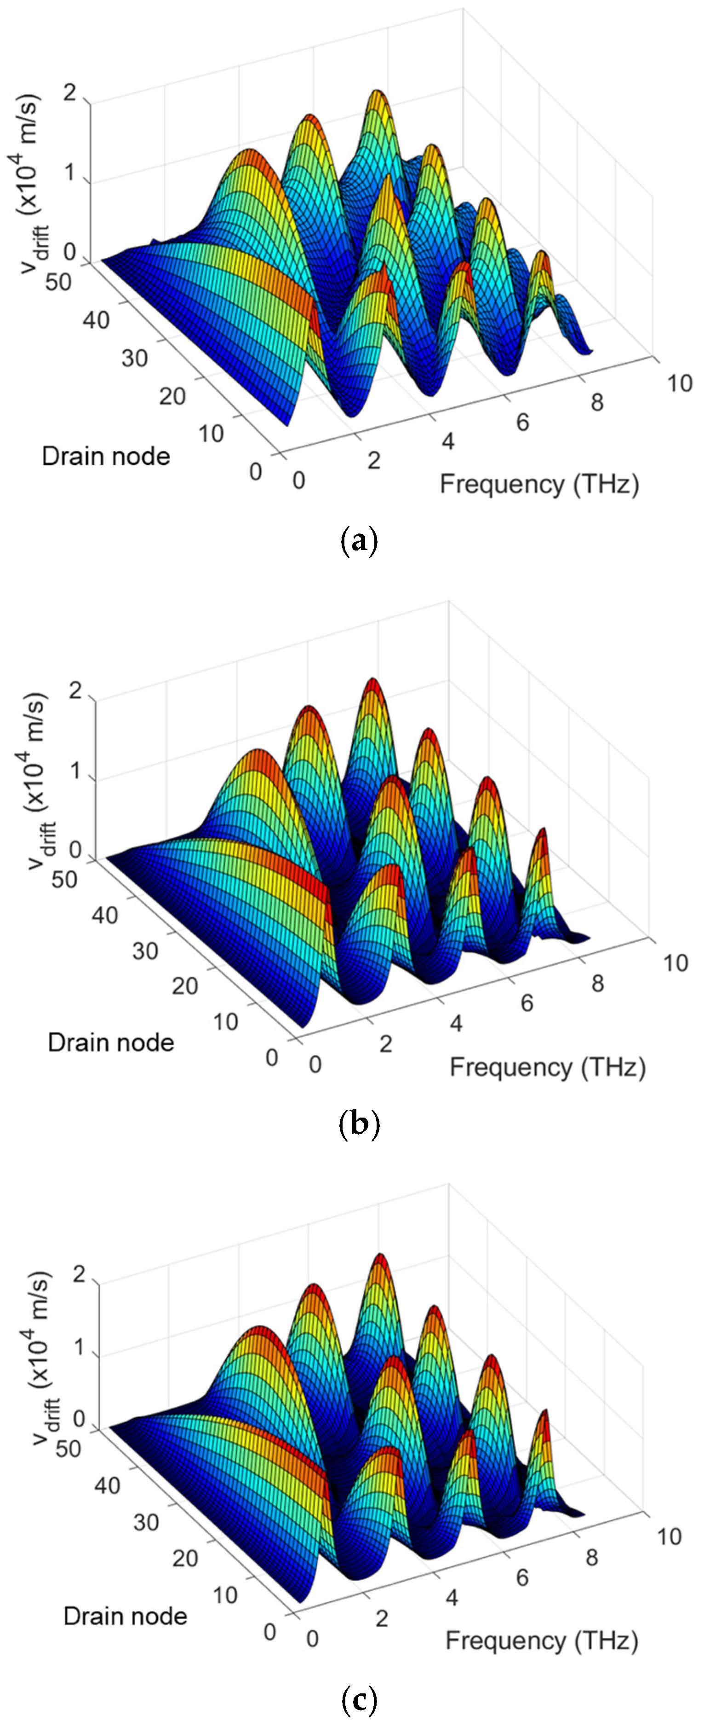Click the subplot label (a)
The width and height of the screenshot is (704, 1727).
click(x=359, y=539)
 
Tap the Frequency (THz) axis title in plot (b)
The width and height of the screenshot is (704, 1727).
click(x=547, y=1066)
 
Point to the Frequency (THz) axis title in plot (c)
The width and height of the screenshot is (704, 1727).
click(x=541, y=1640)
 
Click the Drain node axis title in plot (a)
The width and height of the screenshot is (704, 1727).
click(x=106, y=457)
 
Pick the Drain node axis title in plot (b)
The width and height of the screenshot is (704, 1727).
click(x=111, y=1043)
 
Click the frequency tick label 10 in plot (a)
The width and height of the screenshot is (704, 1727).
click(x=679, y=383)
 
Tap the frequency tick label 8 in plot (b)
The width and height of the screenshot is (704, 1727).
click(x=597, y=984)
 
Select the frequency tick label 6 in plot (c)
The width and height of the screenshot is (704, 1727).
click(x=522, y=1577)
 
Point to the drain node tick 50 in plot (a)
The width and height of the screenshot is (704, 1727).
click(x=58, y=282)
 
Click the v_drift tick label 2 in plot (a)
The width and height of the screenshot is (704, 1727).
click(x=69, y=93)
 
